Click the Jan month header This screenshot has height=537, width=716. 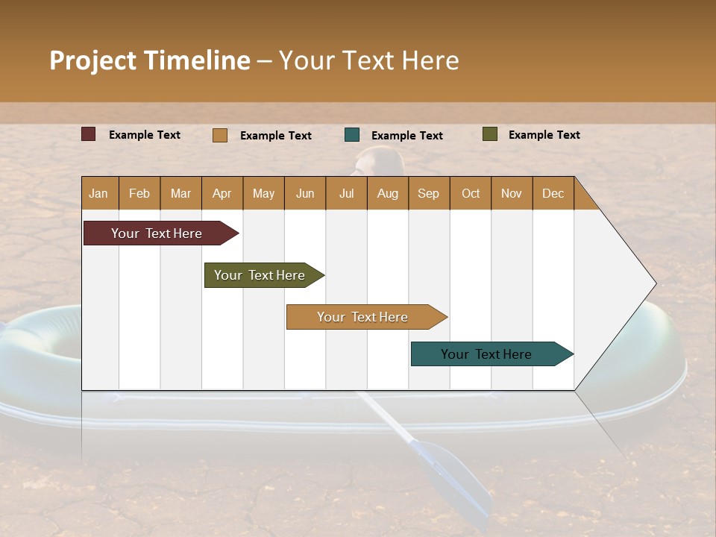click(99, 193)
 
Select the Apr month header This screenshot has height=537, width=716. click(222, 193)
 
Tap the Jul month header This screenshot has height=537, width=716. click(346, 193)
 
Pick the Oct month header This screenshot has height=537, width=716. click(471, 193)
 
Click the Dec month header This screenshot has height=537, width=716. click(553, 193)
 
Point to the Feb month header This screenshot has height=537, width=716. click(139, 193)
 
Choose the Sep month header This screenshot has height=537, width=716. click(429, 193)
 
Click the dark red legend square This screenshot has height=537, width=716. click(89, 134)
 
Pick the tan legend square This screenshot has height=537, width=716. click(220, 135)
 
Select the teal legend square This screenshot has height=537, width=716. click(352, 135)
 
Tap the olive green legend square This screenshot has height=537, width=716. click(490, 134)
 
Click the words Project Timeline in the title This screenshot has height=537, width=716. click(150, 60)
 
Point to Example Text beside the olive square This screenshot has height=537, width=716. click(544, 135)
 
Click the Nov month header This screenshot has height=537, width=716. click(512, 193)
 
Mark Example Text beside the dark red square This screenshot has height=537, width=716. click(145, 135)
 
